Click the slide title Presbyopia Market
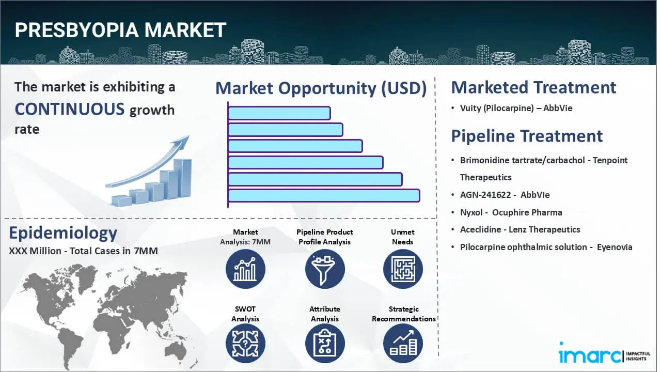tap(120, 30)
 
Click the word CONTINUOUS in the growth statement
tap(70, 109)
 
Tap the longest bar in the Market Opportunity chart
tap(323, 195)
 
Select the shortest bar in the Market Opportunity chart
tap(279, 113)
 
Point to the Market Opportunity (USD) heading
tap(321, 88)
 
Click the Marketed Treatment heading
tap(533, 87)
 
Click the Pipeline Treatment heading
tap(527, 136)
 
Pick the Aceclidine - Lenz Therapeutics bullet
tap(520, 229)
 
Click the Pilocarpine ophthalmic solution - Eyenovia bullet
tap(546, 247)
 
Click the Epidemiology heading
tap(63, 233)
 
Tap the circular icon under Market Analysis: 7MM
tap(245, 269)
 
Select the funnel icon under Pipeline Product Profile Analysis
tap(324, 269)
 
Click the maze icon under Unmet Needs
tap(403, 269)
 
